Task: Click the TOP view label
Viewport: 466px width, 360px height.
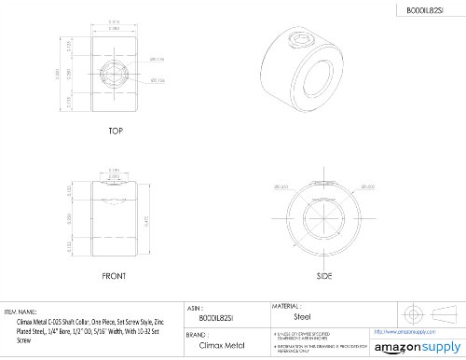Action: (116, 132)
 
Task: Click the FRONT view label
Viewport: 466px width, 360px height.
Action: (116, 277)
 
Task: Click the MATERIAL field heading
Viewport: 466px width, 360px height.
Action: (286, 305)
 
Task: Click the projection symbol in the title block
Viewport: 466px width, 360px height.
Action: (417, 312)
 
